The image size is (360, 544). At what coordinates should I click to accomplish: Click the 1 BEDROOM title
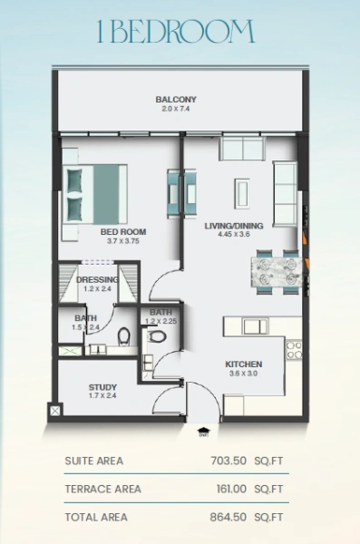click(176, 34)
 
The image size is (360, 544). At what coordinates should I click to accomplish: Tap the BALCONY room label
click(176, 99)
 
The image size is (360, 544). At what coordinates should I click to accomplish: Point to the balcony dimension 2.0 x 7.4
click(176, 109)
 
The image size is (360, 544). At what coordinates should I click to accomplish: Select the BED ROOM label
click(123, 232)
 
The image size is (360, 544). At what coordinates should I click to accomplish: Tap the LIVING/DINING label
click(233, 225)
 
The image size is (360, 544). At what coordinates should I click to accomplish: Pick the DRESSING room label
click(97, 280)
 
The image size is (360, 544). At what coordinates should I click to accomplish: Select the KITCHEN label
click(244, 364)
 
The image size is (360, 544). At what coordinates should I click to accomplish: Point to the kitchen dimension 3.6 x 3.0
click(244, 374)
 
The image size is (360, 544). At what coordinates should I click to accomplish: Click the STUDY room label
click(102, 387)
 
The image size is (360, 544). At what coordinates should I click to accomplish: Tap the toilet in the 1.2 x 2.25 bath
click(156, 336)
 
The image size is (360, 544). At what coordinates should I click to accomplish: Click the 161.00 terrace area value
click(228, 490)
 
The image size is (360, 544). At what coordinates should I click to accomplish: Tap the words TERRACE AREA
click(102, 490)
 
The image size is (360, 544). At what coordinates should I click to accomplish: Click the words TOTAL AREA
click(96, 518)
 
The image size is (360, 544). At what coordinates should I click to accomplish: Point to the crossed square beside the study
click(55, 411)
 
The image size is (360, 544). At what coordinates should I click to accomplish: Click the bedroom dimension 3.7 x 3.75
click(123, 242)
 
